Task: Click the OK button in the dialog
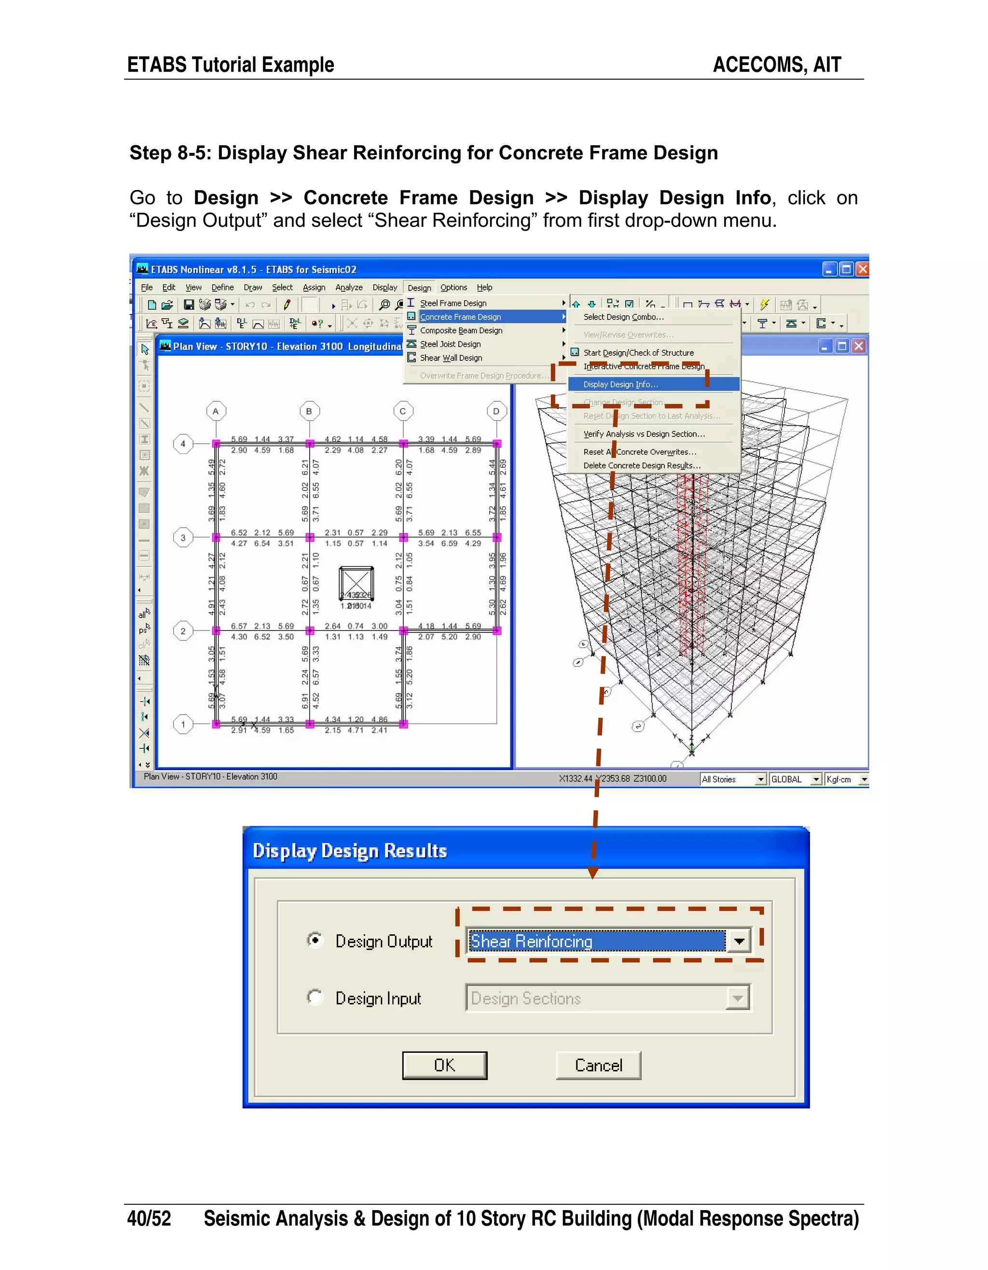(444, 1065)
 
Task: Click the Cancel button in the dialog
(598, 1065)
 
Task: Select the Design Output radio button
(315, 940)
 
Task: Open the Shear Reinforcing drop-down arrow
(739, 941)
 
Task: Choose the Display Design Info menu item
(620, 384)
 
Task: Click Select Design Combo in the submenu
(623, 317)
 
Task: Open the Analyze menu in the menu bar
(348, 287)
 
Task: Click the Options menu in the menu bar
(453, 287)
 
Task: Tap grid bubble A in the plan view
(216, 411)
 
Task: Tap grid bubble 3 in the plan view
(183, 537)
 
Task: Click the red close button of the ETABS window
(863, 269)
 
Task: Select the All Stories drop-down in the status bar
(733, 779)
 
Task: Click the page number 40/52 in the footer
(149, 1218)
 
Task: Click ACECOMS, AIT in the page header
(776, 65)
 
